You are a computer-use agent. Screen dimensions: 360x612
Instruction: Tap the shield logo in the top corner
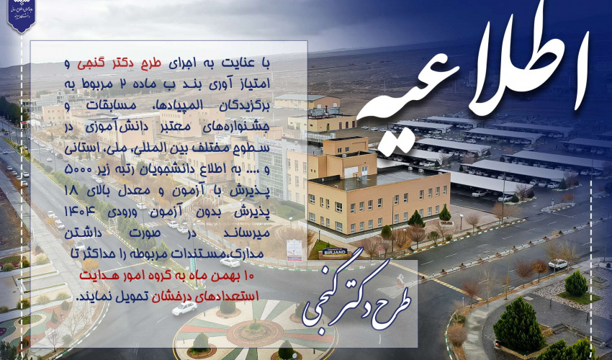(21, 16)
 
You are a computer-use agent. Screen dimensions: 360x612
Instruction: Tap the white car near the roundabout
(184, 308)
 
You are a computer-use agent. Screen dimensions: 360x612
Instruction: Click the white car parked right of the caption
(558, 264)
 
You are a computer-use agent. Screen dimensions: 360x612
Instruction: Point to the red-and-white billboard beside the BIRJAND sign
(294, 249)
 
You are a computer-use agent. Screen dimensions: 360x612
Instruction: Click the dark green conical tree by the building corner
(415, 218)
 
